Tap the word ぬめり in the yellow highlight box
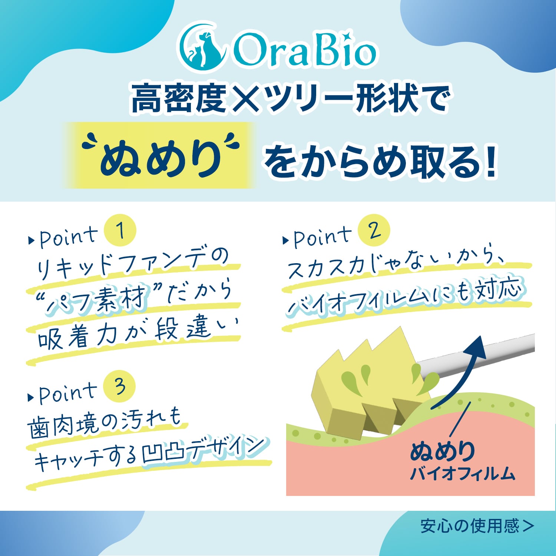[160, 158]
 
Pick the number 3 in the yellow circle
[120, 386]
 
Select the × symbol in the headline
[245, 98]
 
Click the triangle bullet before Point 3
[31, 397]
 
